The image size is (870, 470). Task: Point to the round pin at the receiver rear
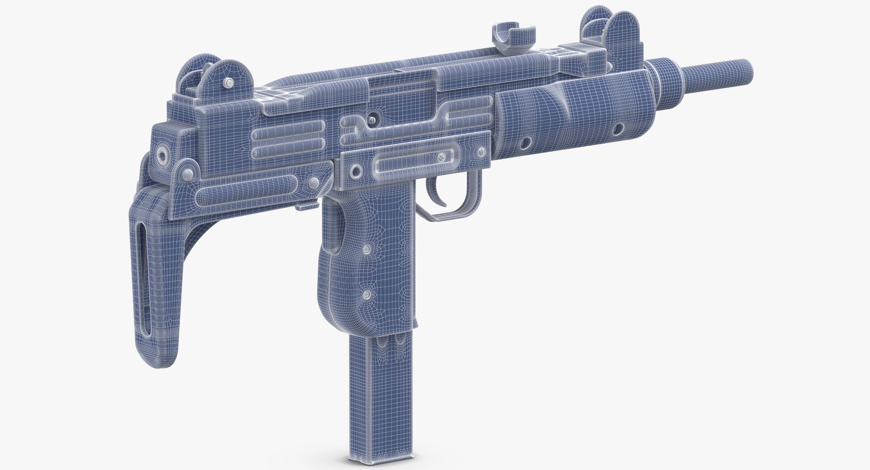[x=162, y=154]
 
